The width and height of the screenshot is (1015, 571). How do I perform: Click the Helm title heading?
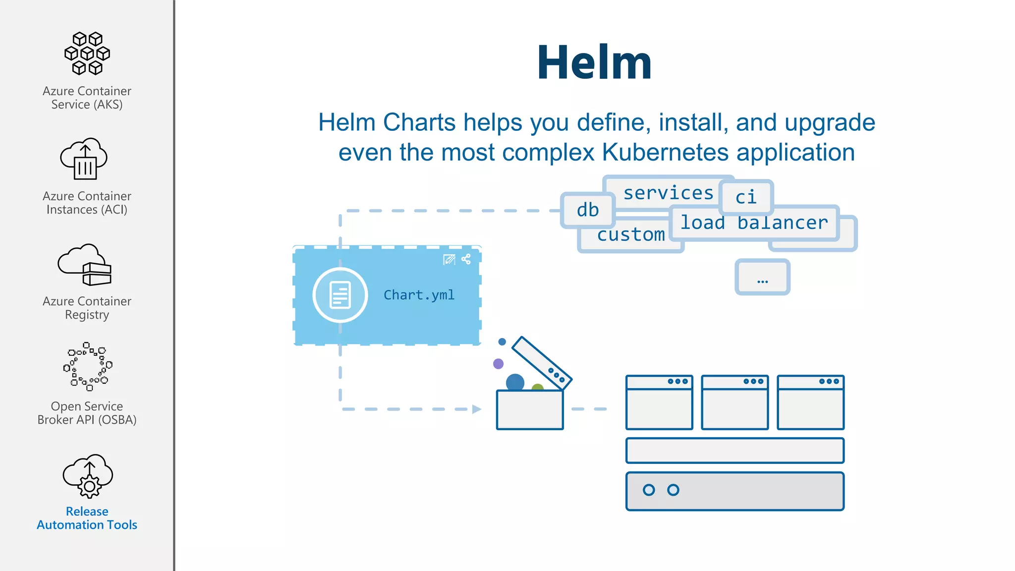[594, 62]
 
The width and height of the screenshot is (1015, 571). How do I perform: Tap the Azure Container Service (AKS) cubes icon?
[87, 54]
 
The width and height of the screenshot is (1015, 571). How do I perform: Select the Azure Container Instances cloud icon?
[84, 159]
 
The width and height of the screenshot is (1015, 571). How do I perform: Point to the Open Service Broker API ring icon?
[88, 366]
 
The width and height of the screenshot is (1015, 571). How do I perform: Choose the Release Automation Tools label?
[87, 518]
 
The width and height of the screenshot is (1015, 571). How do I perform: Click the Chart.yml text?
[419, 295]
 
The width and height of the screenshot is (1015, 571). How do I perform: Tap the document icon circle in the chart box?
[340, 295]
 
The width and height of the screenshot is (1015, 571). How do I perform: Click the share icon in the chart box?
[466, 259]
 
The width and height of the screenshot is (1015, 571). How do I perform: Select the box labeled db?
[588, 210]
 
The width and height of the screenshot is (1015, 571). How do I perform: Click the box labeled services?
[668, 192]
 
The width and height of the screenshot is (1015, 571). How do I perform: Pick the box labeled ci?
[746, 197]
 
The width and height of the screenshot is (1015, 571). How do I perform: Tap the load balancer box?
[754, 223]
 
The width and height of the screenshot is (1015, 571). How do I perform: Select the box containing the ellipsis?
[762, 277]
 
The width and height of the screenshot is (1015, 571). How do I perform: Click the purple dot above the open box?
[499, 364]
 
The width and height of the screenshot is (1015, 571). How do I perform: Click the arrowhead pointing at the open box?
[476, 409]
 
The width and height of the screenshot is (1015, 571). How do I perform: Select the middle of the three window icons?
[735, 402]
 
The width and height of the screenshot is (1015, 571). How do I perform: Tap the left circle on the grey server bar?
[649, 490]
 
